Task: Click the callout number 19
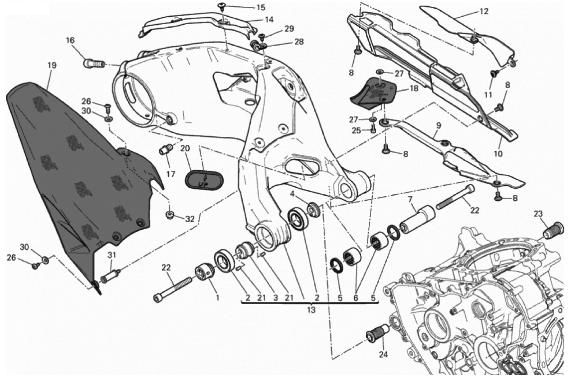(x=52, y=66)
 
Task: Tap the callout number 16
(x=70, y=40)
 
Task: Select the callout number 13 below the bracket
(x=311, y=310)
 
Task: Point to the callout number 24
(x=383, y=355)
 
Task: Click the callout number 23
(x=538, y=214)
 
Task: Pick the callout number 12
(x=484, y=11)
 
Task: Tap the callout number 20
(x=186, y=149)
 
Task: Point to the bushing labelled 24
(x=377, y=333)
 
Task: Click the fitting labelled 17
(x=166, y=149)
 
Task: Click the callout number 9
(x=439, y=125)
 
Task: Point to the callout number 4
(x=292, y=194)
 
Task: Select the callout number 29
(x=289, y=29)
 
